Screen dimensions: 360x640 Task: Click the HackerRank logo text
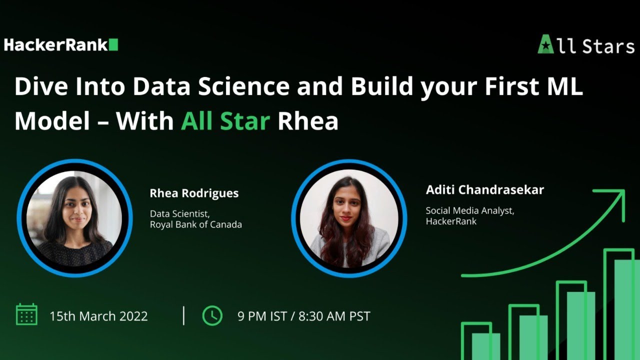click(x=55, y=45)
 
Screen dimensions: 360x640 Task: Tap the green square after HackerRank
click(x=113, y=45)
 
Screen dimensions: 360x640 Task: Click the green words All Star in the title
click(x=225, y=120)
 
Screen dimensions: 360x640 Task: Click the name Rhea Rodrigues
click(x=194, y=193)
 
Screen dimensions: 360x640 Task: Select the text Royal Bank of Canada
click(x=195, y=224)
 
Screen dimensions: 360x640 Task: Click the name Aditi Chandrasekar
click(x=484, y=189)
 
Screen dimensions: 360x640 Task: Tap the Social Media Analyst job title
click(x=469, y=210)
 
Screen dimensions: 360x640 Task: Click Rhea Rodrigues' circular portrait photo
click(x=74, y=217)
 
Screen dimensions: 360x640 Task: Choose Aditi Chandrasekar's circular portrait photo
click(x=349, y=217)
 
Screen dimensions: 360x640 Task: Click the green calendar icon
click(x=26, y=315)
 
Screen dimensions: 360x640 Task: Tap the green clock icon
click(x=212, y=315)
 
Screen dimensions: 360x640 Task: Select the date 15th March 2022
click(x=98, y=316)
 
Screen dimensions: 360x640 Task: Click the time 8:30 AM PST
click(x=334, y=316)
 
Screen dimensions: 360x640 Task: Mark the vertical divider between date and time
click(x=183, y=315)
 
